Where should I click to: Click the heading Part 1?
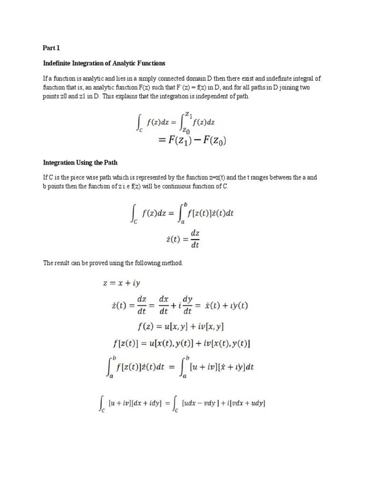pyautogui.click(x=49, y=48)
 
